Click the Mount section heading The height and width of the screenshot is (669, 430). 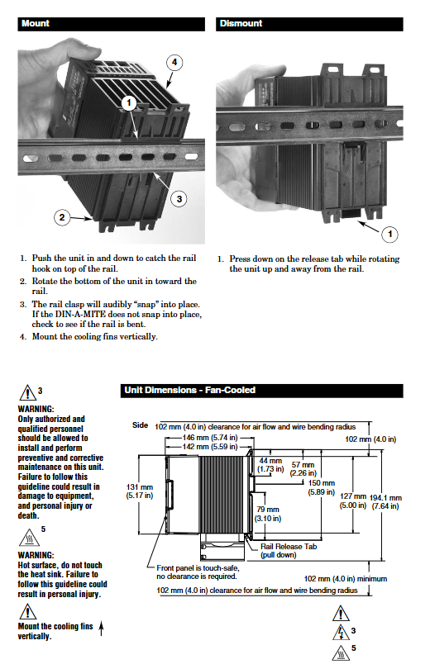pyautogui.click(x=36, y=23)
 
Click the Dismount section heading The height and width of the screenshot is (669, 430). pyautogui.click(x=241, y=23)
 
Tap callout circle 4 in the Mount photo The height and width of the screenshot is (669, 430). pyautogui.click(x=174, y=62)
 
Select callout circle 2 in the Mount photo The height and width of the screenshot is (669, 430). pyautogui.click(x=62, y=217)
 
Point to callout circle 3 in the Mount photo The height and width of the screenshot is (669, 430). pyautogui.click(x=179, y=199)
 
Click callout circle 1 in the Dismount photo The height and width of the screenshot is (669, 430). pyautogui.click(x=389, y=234)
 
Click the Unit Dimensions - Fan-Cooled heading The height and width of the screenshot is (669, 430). pyautogui.click(x=189, y=390)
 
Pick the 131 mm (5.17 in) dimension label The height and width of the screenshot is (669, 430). pyautogui.click(x=139, y=491)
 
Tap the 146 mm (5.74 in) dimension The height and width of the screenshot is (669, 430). pyautogui.click(x=210, y=437)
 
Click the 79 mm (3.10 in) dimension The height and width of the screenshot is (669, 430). pyautogui.click(x=268, y=514)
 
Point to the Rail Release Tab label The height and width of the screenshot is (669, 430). pyautogui.click(x=289, y=547)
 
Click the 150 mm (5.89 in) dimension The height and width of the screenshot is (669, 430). pyautogui.click(x=322, y=487)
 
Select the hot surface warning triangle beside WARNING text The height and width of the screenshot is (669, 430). pyautogui.click(x=29, y=538)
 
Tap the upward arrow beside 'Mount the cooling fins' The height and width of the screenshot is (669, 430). pyautogui.click(x=101, y=628)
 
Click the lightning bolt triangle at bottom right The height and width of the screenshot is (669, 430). pyautogui.click(x=341, y=633)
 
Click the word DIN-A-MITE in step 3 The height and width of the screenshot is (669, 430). pyautogui.click(x=80, y=315)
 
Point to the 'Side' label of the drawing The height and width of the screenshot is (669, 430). pyautogui.click(x=140, y=425)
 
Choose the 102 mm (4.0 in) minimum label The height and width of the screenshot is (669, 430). pyautogui.click(x=346, y=578)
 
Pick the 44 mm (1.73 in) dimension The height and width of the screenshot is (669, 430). pyautogui.click(x=270, y=465)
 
